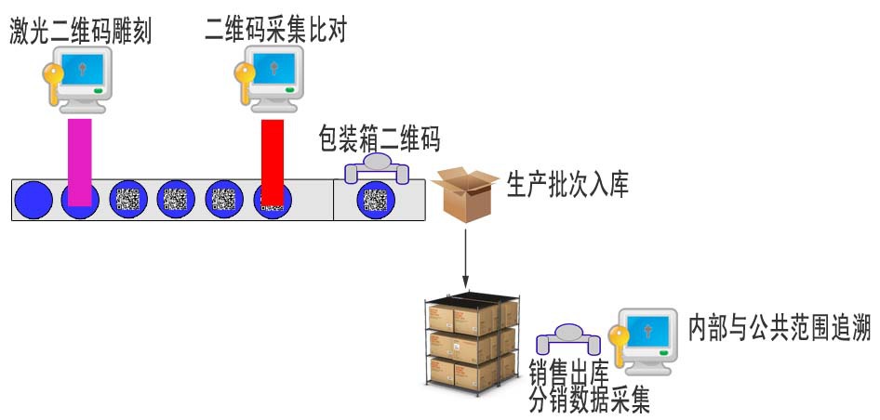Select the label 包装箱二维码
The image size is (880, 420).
[x=379, y=140]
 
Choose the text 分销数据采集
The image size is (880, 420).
[x=589, y=401]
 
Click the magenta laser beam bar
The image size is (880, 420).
[x=80, y=162]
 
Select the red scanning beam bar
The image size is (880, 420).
[x=272, y=160]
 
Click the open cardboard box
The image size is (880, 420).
[x=464, y=191]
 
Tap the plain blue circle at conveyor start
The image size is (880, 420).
[x=35, y=199]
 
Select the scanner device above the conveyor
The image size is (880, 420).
[x=376, y=168]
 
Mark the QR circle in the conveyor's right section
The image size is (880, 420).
[x=375, y=199]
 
